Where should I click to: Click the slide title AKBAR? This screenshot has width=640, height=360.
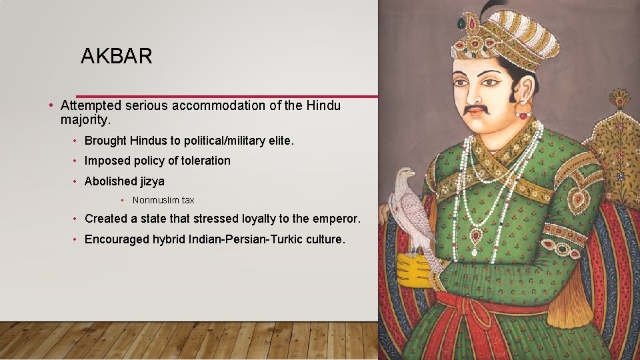pyautogui.click(x=117, y=57)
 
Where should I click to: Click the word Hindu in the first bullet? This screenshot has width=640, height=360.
pyautogui.click(x=323, y=105)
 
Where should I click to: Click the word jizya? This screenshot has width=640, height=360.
pyautogui.click(x=153, y=181)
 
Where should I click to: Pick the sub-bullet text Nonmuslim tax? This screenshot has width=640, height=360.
pyautogui.click(x=163, y=200)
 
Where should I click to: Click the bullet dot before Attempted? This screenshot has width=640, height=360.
pyautogui.click(x=51, y=106)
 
